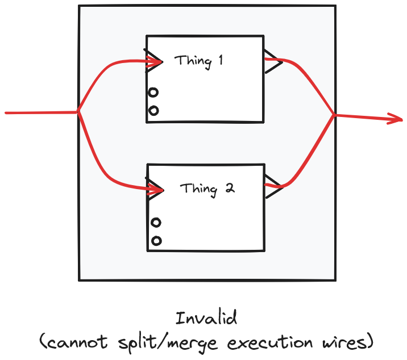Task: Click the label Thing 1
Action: click(x=198, y=61)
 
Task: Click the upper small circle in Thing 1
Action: click(x=153, y=92)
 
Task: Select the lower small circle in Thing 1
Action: click(x=153, y=111)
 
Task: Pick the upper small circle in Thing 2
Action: click(x=155, y=222)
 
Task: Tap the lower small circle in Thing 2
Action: click(x=156, y=241)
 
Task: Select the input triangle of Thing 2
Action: click(x=153, y=188)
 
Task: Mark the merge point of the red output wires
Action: click(x=334, y=115)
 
